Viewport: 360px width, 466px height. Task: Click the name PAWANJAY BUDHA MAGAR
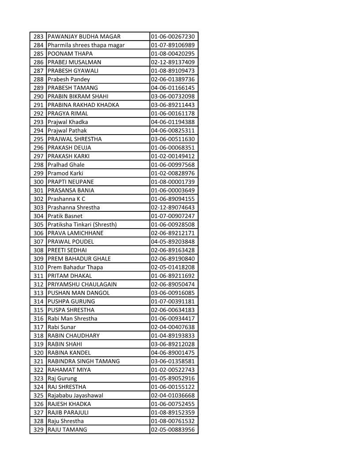pyautogui.click(x=84, y=37)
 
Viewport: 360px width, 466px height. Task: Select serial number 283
pyautogui.click(x=38, y=37)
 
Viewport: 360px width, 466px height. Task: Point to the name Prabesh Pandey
pyautogui.click(x=68, y=79)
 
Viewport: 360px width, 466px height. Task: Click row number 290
pyautogui.click(x=38, y=96)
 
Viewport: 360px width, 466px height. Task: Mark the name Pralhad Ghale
pyautogui.click(x=66, y=165)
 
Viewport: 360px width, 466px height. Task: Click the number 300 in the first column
pyautogui.click(x=38, y=182)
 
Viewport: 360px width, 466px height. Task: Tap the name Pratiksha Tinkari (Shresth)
pyautogui.click(x=82, y=225)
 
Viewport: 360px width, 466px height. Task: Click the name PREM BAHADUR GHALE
pyautogui.click(x=79, y=259)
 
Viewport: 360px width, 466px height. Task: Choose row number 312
pyautogui.click(x=38, y=284)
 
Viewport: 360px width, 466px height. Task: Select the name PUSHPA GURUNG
pyautogui.click(x=71, y=301)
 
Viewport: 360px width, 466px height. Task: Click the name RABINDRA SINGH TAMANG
pyautogui.click(x=83, y=361)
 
